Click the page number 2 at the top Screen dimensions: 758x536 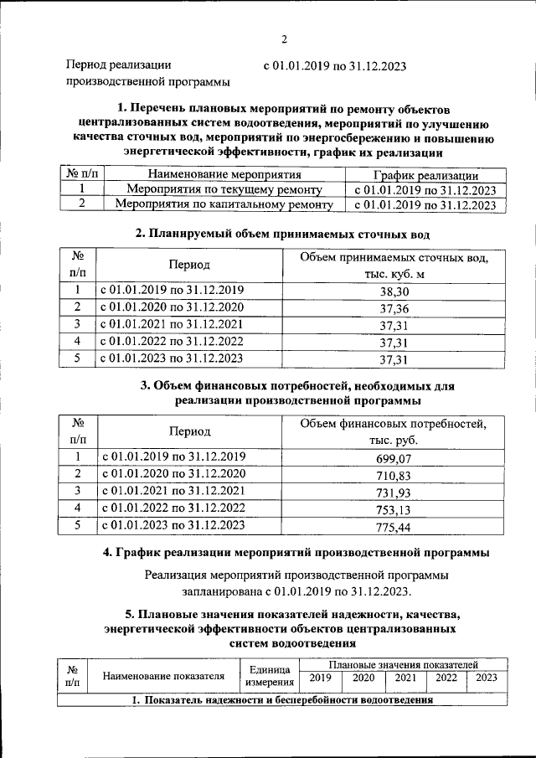pos(284,39)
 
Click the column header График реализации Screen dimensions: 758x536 pos(425,175)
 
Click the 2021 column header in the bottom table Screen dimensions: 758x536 pos(406,678)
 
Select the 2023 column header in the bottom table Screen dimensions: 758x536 pos(486,678)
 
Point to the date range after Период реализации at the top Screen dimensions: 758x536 pos(335,67)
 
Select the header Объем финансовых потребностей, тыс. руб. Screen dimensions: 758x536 pos(393,431)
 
